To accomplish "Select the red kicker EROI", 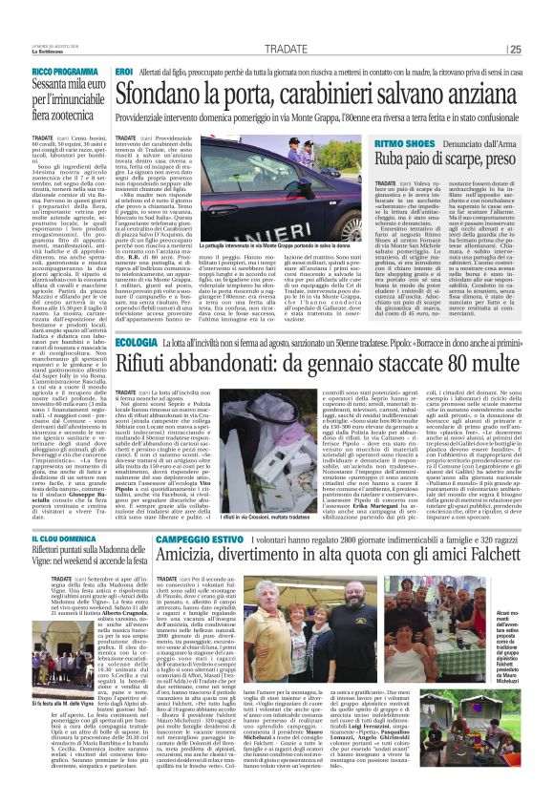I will coord(124,73).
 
